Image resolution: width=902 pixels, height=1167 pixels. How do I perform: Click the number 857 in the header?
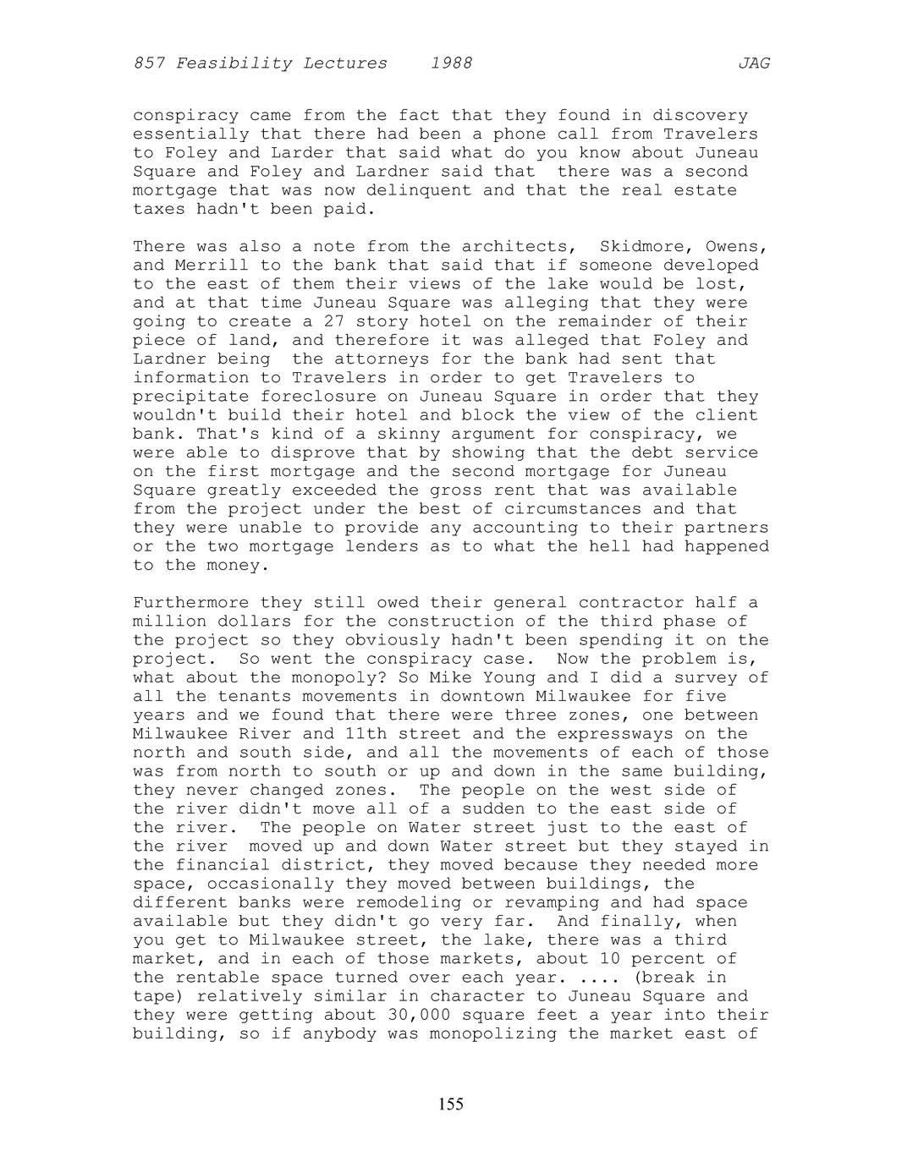coord(149,63)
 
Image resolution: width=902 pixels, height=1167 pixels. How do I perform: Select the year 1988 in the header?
coord(451,63)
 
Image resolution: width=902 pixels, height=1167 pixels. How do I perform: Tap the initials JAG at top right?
coord(754,63)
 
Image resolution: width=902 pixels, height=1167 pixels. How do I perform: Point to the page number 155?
coord(451,1104)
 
